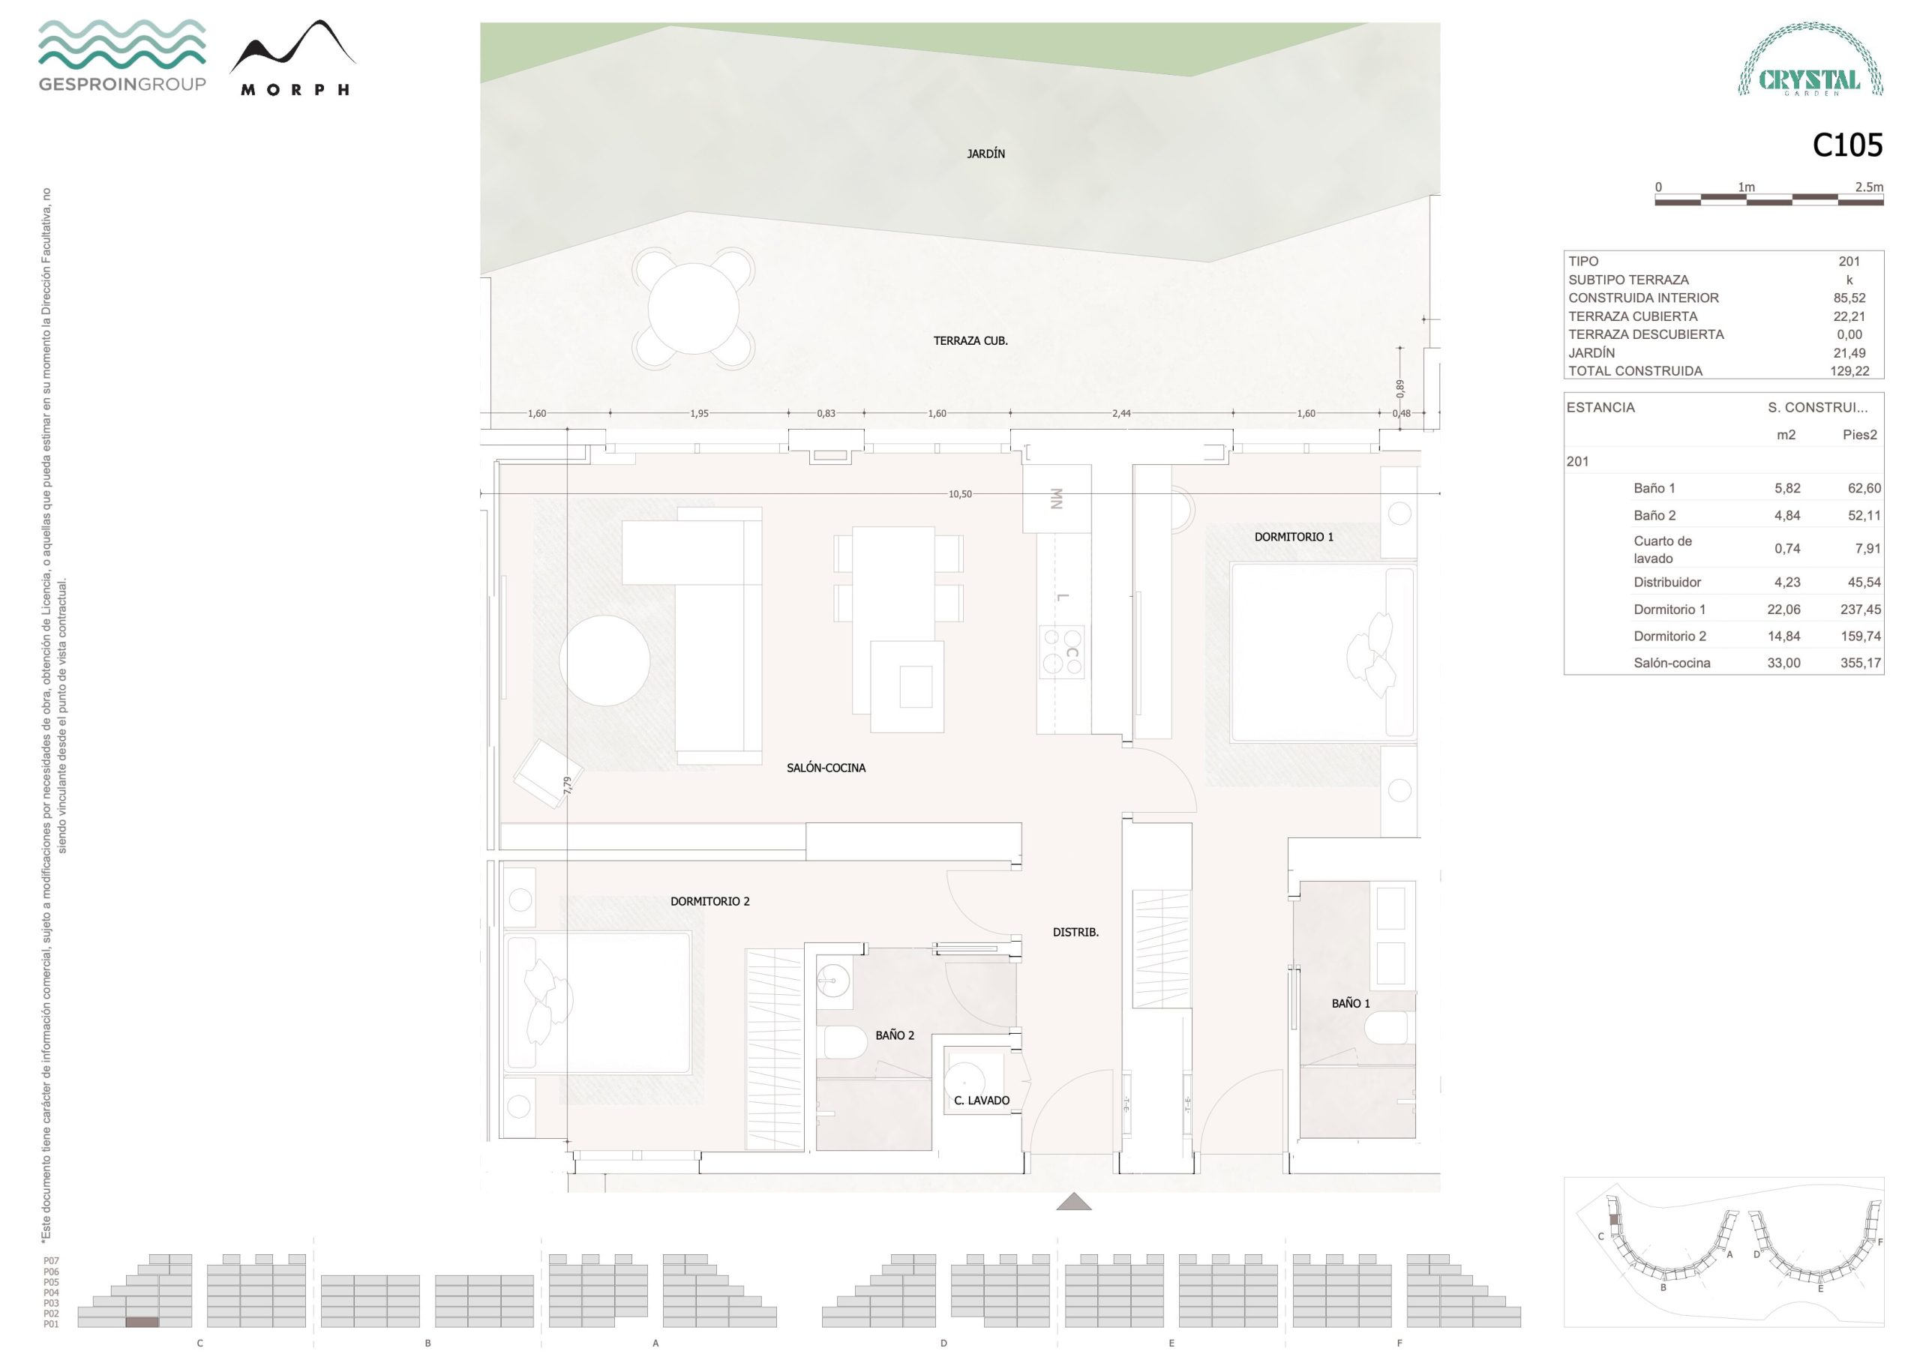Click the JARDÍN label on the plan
point(986,154)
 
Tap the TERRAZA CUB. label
point(970,341)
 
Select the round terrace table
point(693,309)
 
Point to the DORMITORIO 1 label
point(1294,537)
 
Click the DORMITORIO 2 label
point(710,901)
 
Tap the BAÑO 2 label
point(895,1035)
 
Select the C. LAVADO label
point(982,1101)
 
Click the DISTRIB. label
point(1075,931)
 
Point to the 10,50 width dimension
point(960,494)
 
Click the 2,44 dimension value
point(1121,413)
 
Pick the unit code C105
point(1847,145)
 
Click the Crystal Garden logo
point(1810,59)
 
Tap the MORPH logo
point(293,58)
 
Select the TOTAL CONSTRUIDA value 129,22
point(1849,371)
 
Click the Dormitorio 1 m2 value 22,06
point(1783,610)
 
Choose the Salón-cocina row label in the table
point(1672,663)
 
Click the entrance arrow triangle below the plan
point(1074,1202)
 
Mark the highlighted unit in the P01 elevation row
point(142,1322)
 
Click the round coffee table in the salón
point(604,661)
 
